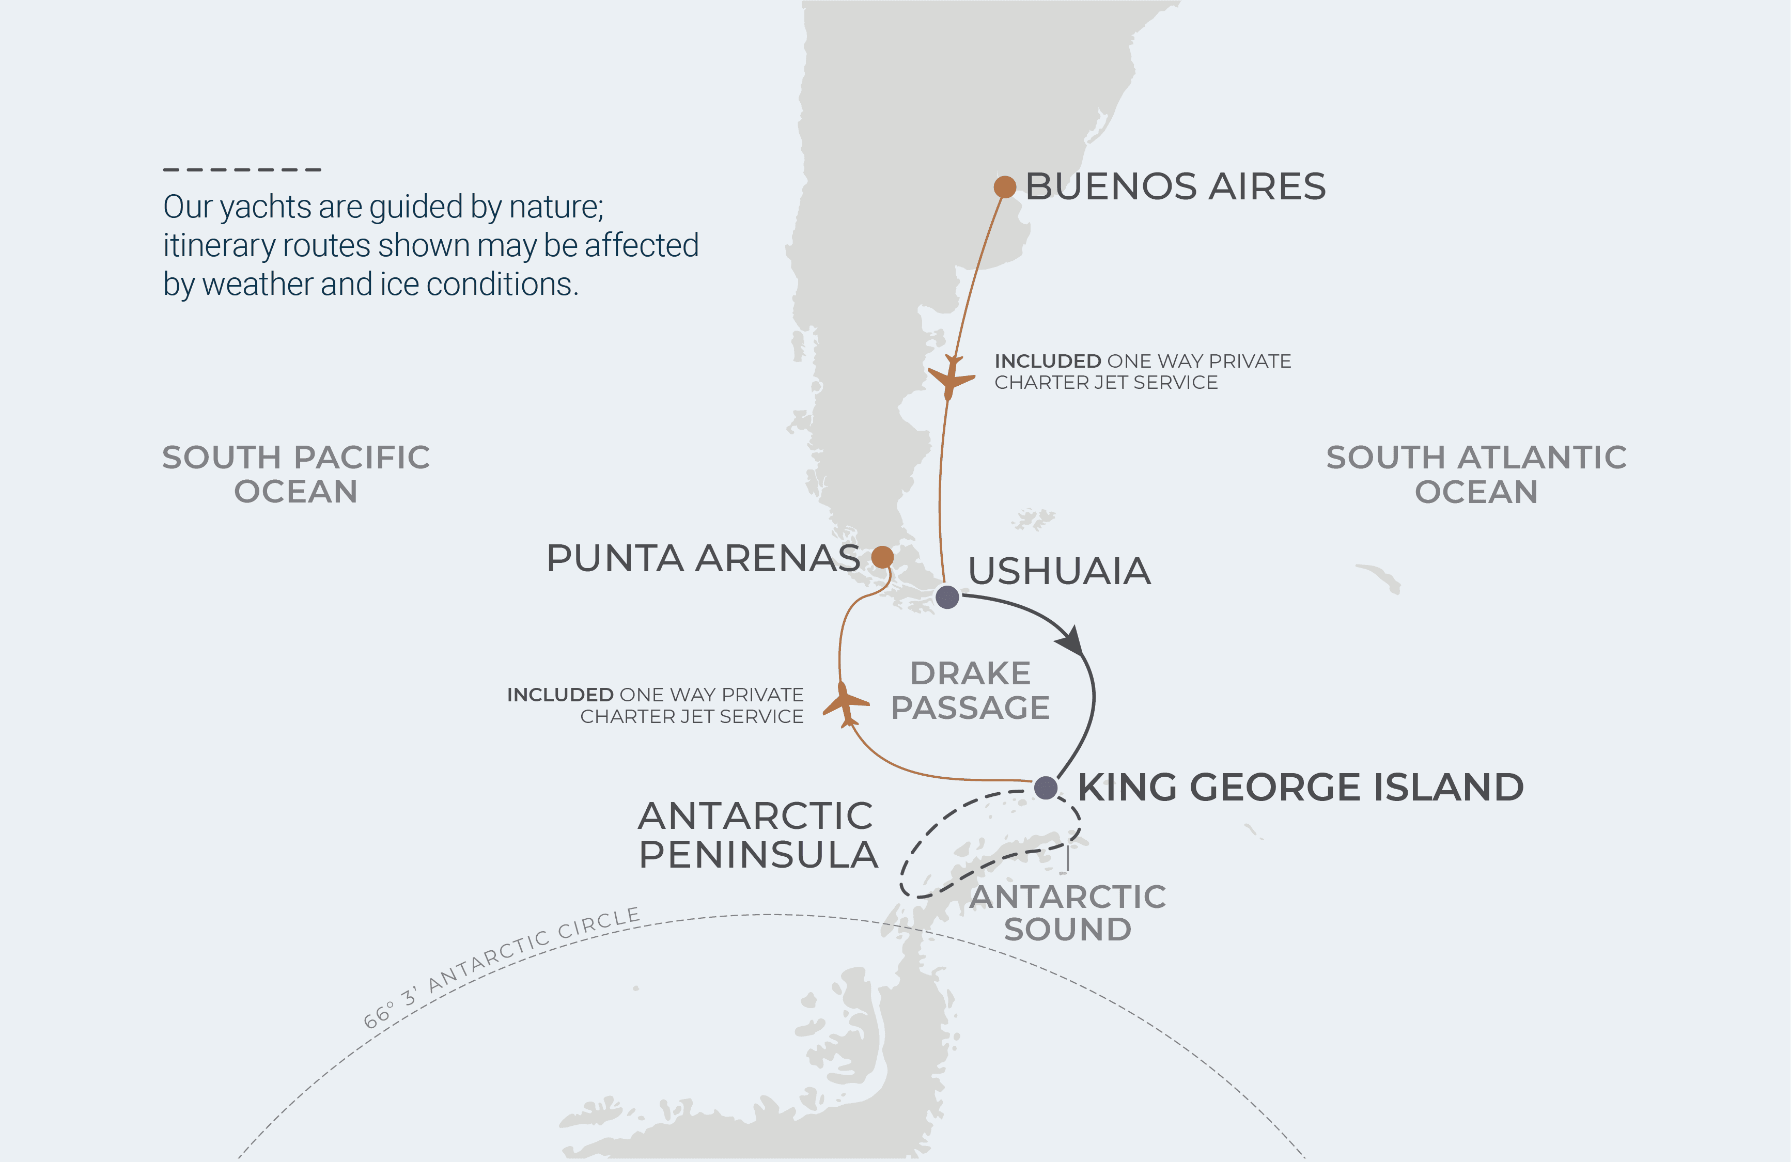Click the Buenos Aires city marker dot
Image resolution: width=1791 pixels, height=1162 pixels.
[x=1005, y=186]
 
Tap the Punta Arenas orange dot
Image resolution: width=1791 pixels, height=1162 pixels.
[x=883, y=557]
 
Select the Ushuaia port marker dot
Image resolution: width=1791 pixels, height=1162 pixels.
[x=947, y=597]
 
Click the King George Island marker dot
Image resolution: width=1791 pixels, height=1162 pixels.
[x=1045, y=788]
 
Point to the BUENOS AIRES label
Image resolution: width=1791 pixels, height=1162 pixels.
[x=1175, y=186]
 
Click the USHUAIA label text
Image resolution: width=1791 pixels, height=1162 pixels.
[x=1059, y=571]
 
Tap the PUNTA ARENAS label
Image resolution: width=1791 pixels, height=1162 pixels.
[x=703, y=558]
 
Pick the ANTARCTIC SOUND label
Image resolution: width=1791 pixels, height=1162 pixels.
[x=1067, y=913]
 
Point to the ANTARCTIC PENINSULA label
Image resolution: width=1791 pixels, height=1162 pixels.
[x=757, y=835]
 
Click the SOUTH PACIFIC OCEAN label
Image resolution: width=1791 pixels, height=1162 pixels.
[x=295, y=474]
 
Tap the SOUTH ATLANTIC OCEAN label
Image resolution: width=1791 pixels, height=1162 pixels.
[x=1476, y=474]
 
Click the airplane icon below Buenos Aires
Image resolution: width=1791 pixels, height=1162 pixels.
[x=951, y=378]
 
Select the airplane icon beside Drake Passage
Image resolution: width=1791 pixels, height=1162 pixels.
[x=846, y=704]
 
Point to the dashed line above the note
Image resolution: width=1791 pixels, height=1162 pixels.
[x=242, y=170]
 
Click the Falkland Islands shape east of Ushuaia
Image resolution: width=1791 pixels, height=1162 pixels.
[x=1033, y=519]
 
